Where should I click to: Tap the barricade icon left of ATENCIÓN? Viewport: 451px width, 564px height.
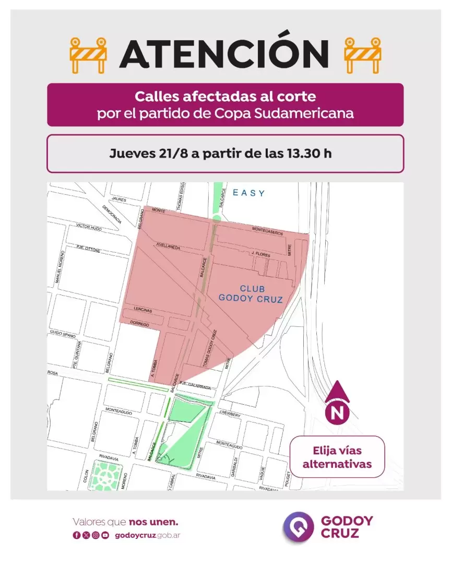(x=88, y=55)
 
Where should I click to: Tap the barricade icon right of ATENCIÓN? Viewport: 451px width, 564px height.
(x=363, y=55)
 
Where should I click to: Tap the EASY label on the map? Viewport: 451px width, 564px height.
(x=249, y=193)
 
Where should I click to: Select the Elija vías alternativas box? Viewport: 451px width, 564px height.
(x=337, y=457)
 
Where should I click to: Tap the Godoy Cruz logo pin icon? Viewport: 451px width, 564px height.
(x=298, y=527)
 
